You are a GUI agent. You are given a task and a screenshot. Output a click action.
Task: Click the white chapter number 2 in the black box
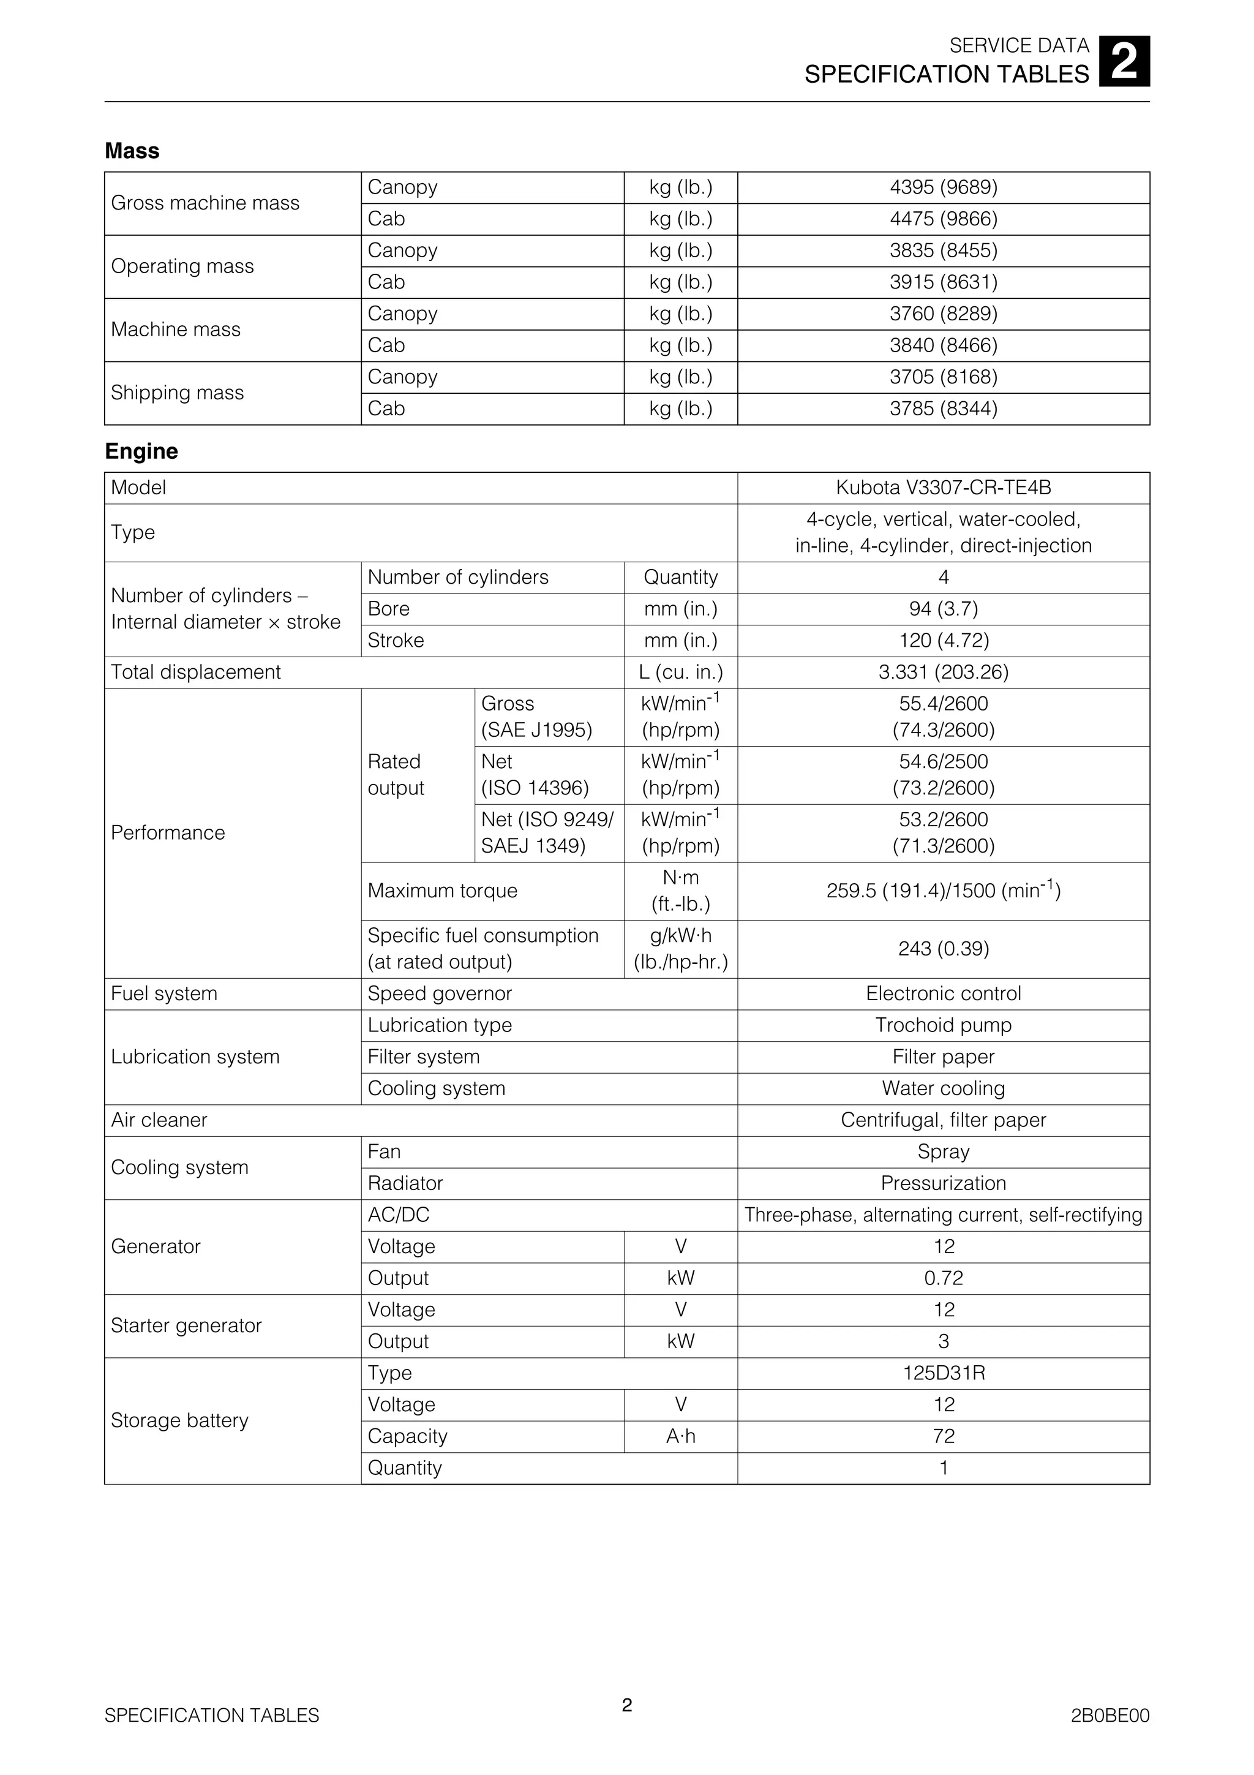(1124, 62)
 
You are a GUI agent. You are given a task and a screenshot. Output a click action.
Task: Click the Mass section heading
(132, 151)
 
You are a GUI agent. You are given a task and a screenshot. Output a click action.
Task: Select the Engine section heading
(141, 451)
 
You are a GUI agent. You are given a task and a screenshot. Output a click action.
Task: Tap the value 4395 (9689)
(944, 187)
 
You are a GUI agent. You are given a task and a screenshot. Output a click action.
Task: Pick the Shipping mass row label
(178, 393)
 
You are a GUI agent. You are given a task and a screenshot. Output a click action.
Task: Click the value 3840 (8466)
(944, 345)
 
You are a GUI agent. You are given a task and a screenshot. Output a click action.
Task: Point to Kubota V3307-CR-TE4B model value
(944, 488)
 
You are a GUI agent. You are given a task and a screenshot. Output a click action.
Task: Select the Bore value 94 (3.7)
(944, 609)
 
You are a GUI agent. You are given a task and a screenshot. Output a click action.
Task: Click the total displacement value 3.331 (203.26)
(944, 672)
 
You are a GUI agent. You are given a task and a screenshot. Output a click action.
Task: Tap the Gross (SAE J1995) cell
(536, 717)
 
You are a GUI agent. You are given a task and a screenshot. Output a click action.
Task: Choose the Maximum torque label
(443, 891)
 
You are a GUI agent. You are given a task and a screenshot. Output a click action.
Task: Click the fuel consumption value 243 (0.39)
(944, 949)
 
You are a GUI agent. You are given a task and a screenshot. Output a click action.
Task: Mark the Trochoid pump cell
(944, 1025)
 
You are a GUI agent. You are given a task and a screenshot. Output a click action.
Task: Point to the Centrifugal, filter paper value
(944, 1120)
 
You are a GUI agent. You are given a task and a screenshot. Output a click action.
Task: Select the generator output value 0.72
(944, 1278)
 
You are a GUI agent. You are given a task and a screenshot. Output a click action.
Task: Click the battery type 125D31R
(944, 1373)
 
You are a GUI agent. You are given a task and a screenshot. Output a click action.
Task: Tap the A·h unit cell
(681, 1436)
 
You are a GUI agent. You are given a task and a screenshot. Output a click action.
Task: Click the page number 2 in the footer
(626, 1726)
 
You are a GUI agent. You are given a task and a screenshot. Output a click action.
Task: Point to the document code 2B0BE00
(1109, 1737)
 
